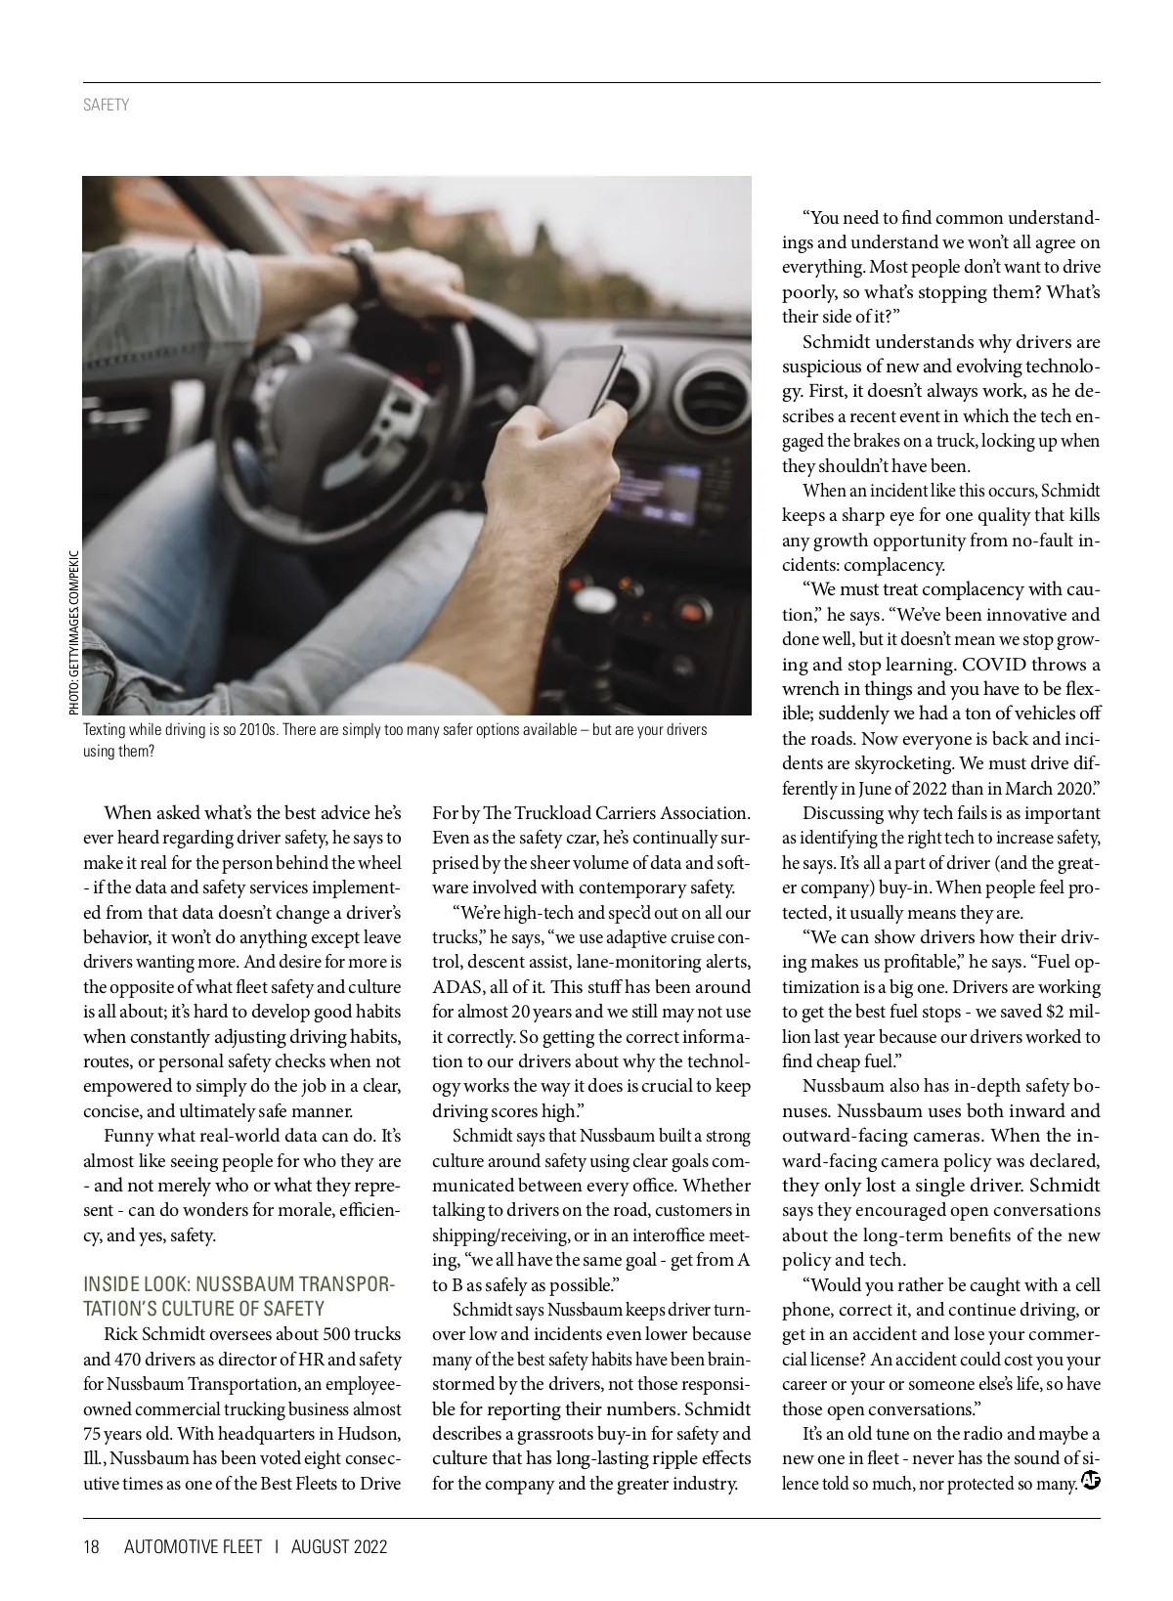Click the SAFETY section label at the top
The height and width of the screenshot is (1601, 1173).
[x=106, y=105]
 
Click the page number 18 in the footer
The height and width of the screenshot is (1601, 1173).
[x=92, y=1546]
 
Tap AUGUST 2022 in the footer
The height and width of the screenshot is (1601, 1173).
[x=339, y=1546]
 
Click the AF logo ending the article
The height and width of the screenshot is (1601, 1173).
[x=1091, y=1481]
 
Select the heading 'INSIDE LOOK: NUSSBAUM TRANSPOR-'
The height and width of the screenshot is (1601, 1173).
[x=239, y=1283]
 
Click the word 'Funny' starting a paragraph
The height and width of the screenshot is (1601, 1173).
[x=127, y=1136]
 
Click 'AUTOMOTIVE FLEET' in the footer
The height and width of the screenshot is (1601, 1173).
[x=194, y=1546]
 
